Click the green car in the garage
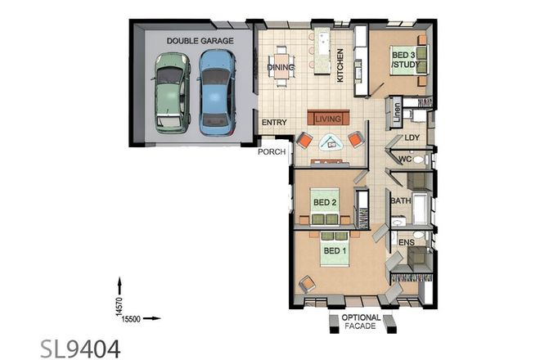tap(171, 91)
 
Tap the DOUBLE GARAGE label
tap(200, 40)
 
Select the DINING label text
tap(281, 67)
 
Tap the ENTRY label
tap(273, 123)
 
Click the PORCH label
tap(270, 152)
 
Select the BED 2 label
tap(326, 201)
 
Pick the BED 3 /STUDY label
tap(402, 58)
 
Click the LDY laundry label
tap(412, 138)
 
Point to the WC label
tap(404, 160)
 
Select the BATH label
tap(400, 200)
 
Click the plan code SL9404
tap(80, 349)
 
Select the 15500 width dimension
tap(132, 318)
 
